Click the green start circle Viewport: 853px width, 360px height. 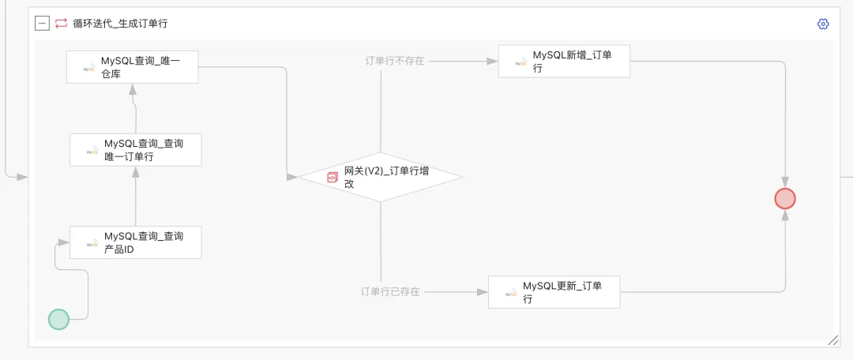click(x=58, y=319)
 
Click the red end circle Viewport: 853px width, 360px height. click(x=785, y=198)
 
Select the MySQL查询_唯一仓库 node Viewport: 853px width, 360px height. click(x=132, y=66)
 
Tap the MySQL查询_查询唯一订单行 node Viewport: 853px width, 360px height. click(x=135, y=150)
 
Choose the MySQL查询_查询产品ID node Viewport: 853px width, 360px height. click(x=135, y=242)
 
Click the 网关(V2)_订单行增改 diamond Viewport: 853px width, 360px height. click(x=379, y=177)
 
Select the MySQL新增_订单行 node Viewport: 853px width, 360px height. click(x=563, y=62)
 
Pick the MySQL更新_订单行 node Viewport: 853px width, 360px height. click(x=554, y=292)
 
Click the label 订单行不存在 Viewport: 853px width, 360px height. click(x=394, y=61)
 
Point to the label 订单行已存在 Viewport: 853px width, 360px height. click(x=390, y=291)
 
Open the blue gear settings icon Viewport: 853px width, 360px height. click(x=823, y=24)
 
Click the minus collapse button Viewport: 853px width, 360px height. click(x=42, y=24)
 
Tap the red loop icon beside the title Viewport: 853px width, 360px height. click(x=61, y=24)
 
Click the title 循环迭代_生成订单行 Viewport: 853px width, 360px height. click(x=120, y=24)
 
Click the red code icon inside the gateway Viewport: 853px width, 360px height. click(x=333, y=178)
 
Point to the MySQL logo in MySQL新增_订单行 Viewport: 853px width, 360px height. click(x=520, y=62)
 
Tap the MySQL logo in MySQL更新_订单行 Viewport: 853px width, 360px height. click(x=510, y=293)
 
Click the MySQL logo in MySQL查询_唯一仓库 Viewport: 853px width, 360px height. click(x=89, y=68)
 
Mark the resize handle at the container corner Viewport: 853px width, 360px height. click(x=832, y=339)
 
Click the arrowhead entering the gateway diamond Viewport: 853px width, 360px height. click(x=292, y=177)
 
